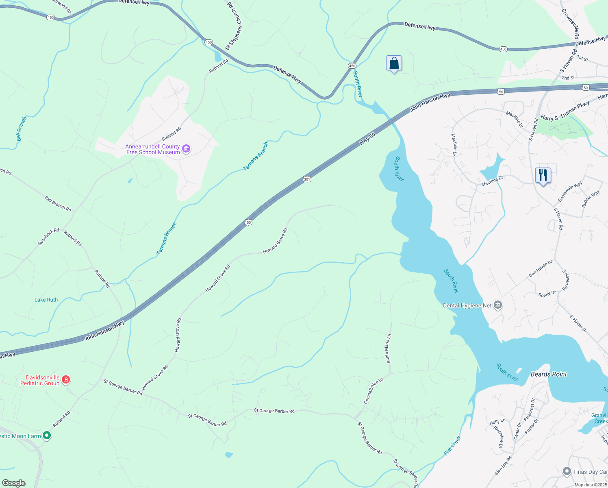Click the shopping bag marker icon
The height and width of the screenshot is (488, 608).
click(x=394, y=63)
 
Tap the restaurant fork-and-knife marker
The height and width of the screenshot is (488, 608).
click(x=543, y=175)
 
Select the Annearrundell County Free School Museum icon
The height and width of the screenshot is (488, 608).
click(x=186, y=149)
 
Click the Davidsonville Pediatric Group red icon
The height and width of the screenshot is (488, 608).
click(x=66, y=380)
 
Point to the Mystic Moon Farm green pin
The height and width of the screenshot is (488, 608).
click(x=47, y=436)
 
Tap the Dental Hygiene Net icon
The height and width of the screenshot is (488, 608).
click(x=498, y=305)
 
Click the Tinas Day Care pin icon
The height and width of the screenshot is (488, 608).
click(x=567, y=471)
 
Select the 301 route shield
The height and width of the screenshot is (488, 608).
click(x=307, y=179)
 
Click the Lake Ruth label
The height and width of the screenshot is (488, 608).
click(x=46, y=300)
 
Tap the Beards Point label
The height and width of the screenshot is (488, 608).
click(x=549, y=374)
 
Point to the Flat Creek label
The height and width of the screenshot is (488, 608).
click(x=452, y=445)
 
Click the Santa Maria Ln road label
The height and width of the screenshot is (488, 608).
click(x=389, y=349)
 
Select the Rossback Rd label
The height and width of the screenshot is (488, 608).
click(x=48, y=237)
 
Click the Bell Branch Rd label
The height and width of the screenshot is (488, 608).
click(x=58, y=204)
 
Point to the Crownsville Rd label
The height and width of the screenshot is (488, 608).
click(x=570, y=24)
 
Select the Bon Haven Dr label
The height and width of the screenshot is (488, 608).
click(x=541, y=268)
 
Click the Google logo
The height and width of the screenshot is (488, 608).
click(x=13, y=483)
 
